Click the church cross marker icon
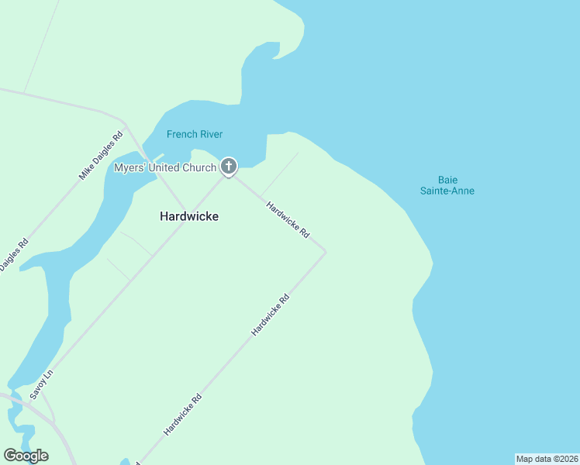[228, 166]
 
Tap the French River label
[195, 134]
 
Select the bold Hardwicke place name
[189, 216]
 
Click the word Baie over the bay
[447, 179]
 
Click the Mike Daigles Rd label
[101, 156]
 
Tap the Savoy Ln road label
[41, 384]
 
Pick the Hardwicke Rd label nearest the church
[288, 219]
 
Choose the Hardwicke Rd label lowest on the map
[183, 414]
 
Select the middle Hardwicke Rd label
[271, 315]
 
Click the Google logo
[26, 456]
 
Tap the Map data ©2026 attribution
[547, 459]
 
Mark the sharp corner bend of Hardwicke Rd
[325, 252]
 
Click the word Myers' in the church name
[130, 167]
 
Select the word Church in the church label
[200, 167]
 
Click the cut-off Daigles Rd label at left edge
[13, 254]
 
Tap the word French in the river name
[181, 134]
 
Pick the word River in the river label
[211, 134]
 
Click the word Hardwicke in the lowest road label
[178, 418]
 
